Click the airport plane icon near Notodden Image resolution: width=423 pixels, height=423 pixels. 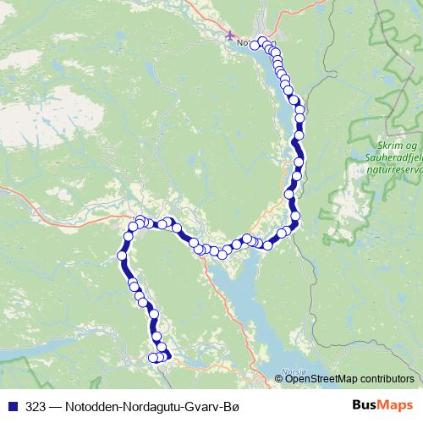230,36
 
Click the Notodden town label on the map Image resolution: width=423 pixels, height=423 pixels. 246,42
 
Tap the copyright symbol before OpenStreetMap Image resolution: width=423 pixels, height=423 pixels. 279,378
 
